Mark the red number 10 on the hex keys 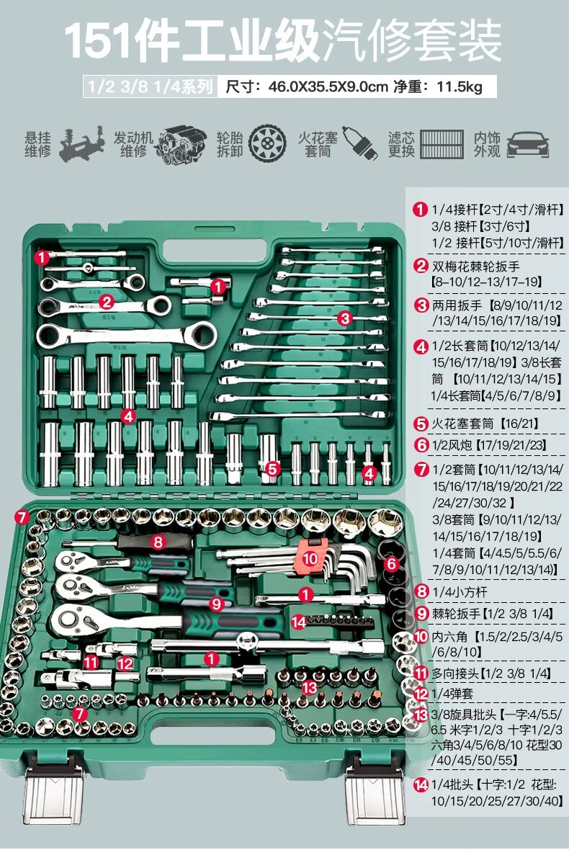[x=310, y=558]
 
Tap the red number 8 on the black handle [x=158, y=541]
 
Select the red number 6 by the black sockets [x=391, y=564]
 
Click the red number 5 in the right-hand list [x=421, y=424]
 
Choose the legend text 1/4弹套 [x=454, y=694]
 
